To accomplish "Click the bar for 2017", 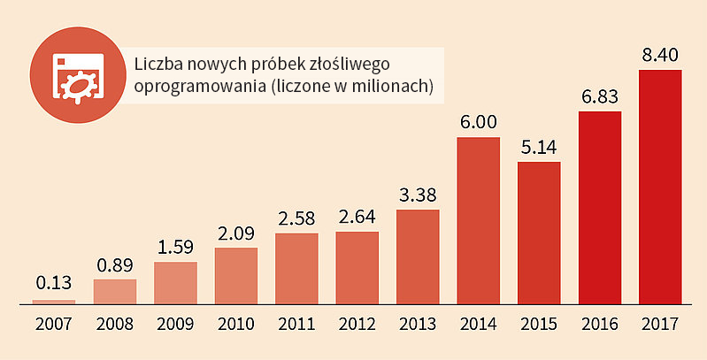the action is coord(660,187).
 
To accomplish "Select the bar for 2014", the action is coord(479,221).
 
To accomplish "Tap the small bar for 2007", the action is coord(54,303).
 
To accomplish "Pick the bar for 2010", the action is coord(236,276).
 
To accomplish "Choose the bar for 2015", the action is coord(539,233).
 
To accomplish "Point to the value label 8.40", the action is coord(660,56).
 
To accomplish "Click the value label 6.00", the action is coord(479,123).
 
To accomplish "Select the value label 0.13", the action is coord(54,283).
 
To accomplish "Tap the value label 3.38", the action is coord(418,195).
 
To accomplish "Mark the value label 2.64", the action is coord(357,218).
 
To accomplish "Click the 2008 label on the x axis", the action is coord(115,324).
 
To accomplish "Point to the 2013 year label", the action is coord(418,324).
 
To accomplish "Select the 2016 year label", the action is coord(600,324).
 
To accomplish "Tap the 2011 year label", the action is coord(296,324).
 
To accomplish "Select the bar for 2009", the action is coord(175,283).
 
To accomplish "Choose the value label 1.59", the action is coord(175,248).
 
